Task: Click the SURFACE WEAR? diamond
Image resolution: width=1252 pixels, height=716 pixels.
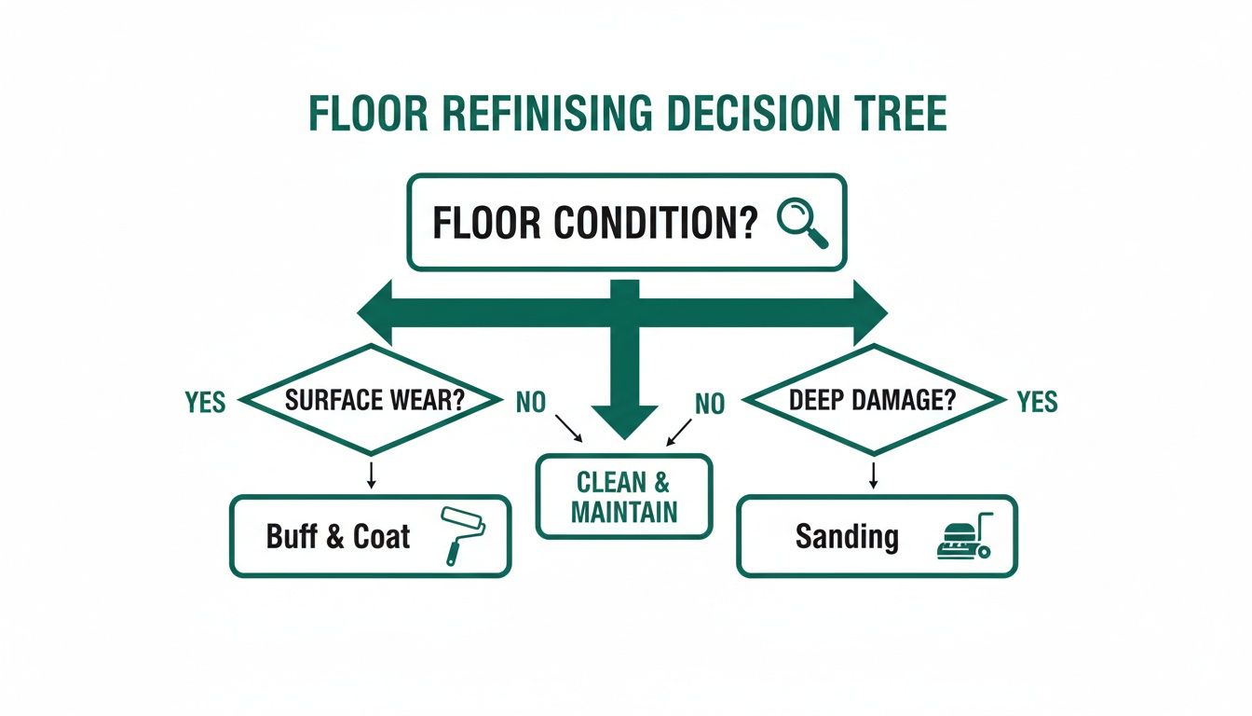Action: pyautogui.click(x=374, y=401)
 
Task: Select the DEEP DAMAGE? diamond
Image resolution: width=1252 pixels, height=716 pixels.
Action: pyautogui.click(x=875, y=401)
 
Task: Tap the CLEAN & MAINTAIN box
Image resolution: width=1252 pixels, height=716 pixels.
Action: pyautogui.click(x=624, y=497)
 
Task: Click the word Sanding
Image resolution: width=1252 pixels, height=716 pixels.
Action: pyautogui.click(x=847, y=537)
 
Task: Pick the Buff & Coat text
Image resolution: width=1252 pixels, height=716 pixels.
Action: pyautogui.click(x=338, y=537)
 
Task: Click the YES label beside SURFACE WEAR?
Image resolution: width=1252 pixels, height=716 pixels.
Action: pyautogui.click(x=205, y=402)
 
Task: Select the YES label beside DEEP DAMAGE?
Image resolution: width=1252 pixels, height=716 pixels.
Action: pyautogui.click(x=1037, y=402)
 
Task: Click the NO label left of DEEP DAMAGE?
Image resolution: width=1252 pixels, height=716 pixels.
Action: pyautogui.click(x=710, y=403)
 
